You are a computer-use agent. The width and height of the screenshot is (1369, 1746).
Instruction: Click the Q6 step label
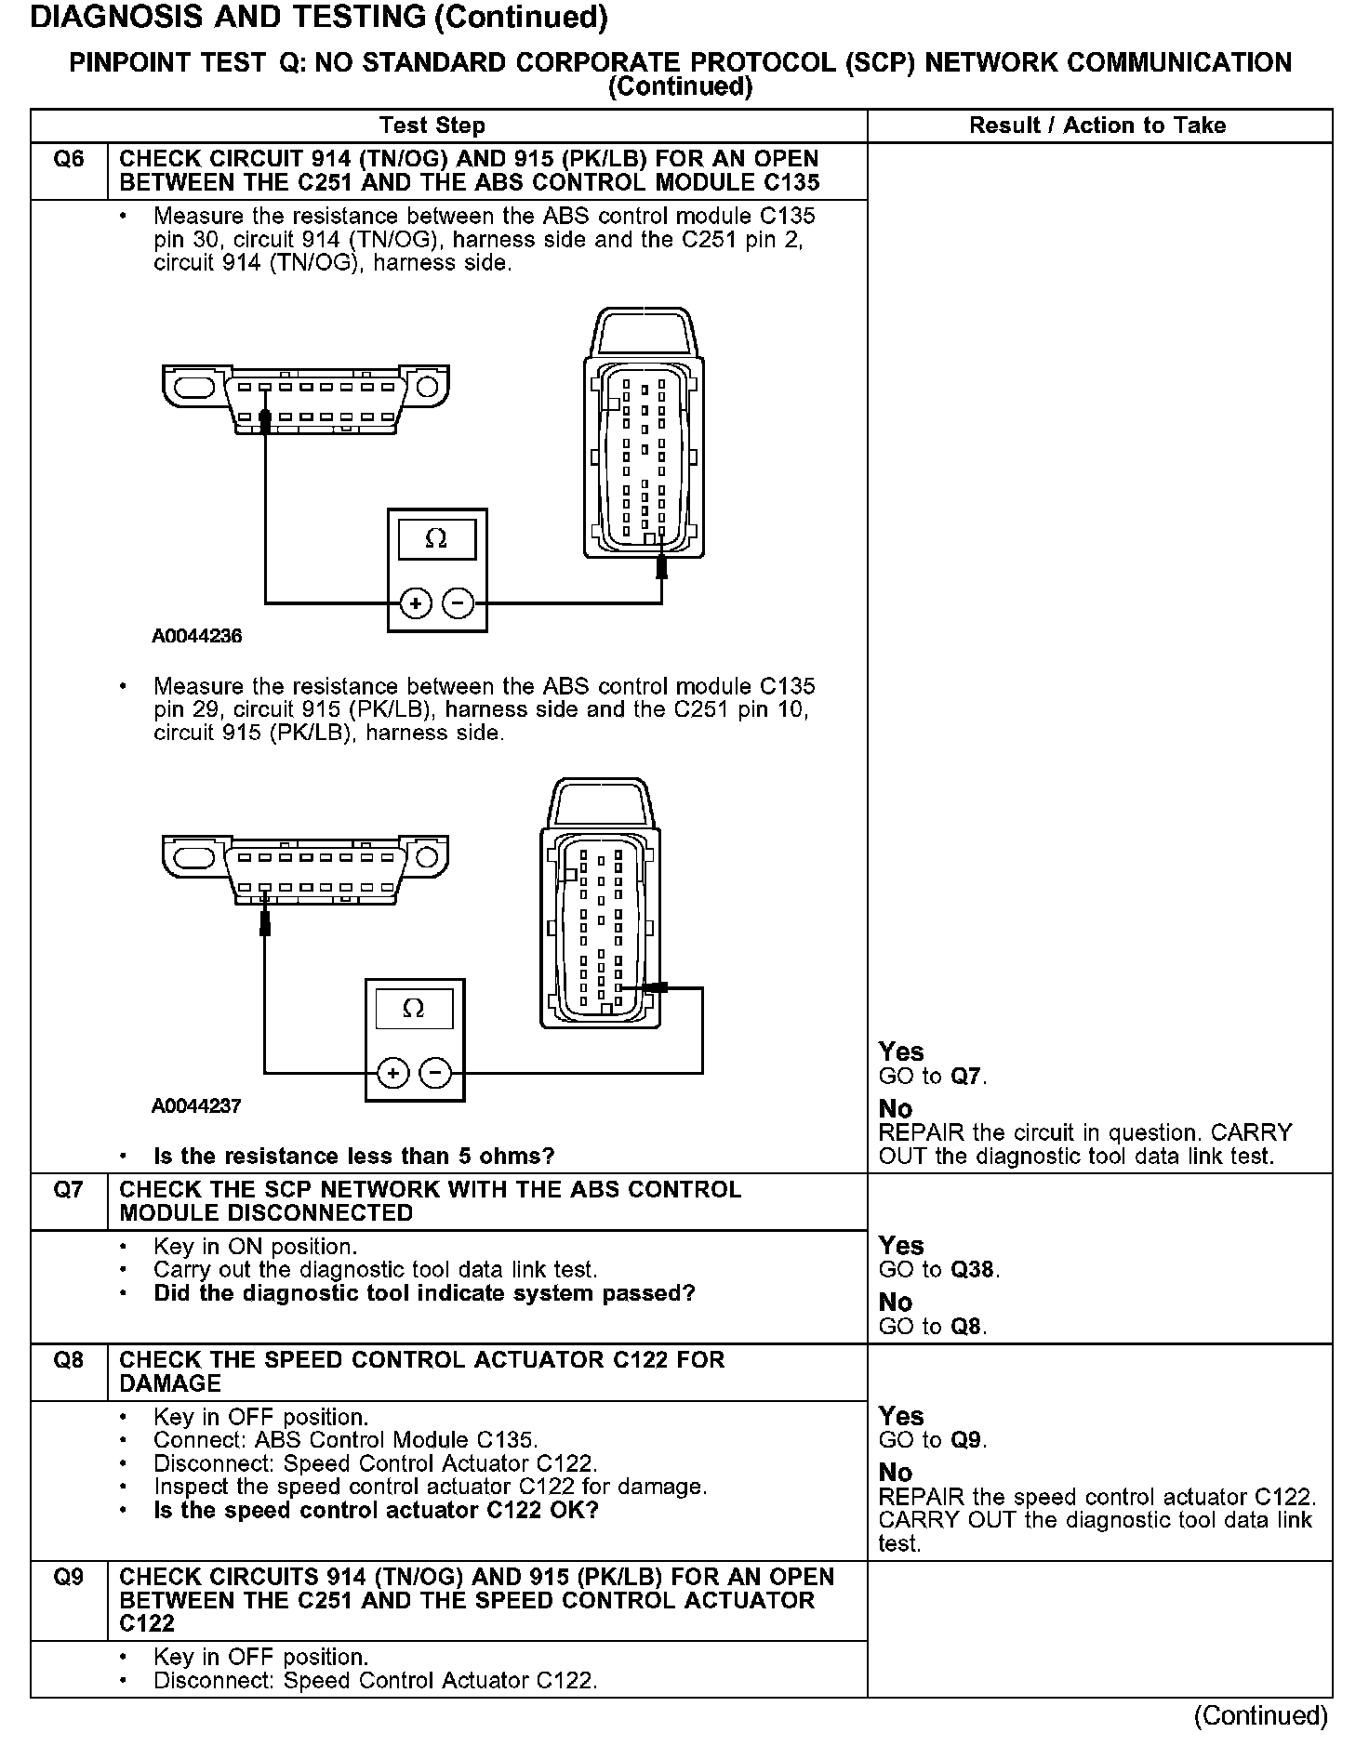69,160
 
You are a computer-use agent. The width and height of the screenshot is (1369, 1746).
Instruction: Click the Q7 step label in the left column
69,1190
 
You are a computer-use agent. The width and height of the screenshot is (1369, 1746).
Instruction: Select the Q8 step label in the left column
69,1360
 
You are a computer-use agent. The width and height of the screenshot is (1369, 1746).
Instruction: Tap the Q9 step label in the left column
69,1578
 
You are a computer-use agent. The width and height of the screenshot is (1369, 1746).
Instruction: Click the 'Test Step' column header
432,126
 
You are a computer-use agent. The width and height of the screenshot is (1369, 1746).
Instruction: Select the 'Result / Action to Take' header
1097,126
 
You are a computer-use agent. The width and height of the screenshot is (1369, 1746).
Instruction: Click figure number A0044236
197,637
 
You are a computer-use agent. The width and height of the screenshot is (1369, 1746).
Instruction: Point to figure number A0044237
197,1106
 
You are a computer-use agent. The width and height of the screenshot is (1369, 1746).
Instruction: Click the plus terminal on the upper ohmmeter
415,604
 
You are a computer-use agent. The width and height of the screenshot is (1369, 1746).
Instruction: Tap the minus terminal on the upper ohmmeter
458,604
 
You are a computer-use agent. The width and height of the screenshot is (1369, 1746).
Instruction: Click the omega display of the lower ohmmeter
414,1009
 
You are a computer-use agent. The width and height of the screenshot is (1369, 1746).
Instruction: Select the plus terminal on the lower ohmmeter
392,1074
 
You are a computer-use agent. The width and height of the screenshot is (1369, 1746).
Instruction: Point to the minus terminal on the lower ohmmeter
435,1074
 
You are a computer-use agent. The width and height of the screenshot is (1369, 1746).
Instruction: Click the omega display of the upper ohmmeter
436,539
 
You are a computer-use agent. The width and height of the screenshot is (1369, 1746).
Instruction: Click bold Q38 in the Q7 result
975,1270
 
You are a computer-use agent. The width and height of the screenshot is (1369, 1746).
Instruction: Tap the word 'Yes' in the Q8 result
901,1416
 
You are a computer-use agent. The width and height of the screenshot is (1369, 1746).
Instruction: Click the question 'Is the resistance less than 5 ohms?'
353,1157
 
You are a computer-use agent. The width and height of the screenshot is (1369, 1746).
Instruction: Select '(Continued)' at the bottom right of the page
1261,1715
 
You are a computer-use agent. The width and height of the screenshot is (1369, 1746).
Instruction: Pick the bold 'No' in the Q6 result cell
896,1109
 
